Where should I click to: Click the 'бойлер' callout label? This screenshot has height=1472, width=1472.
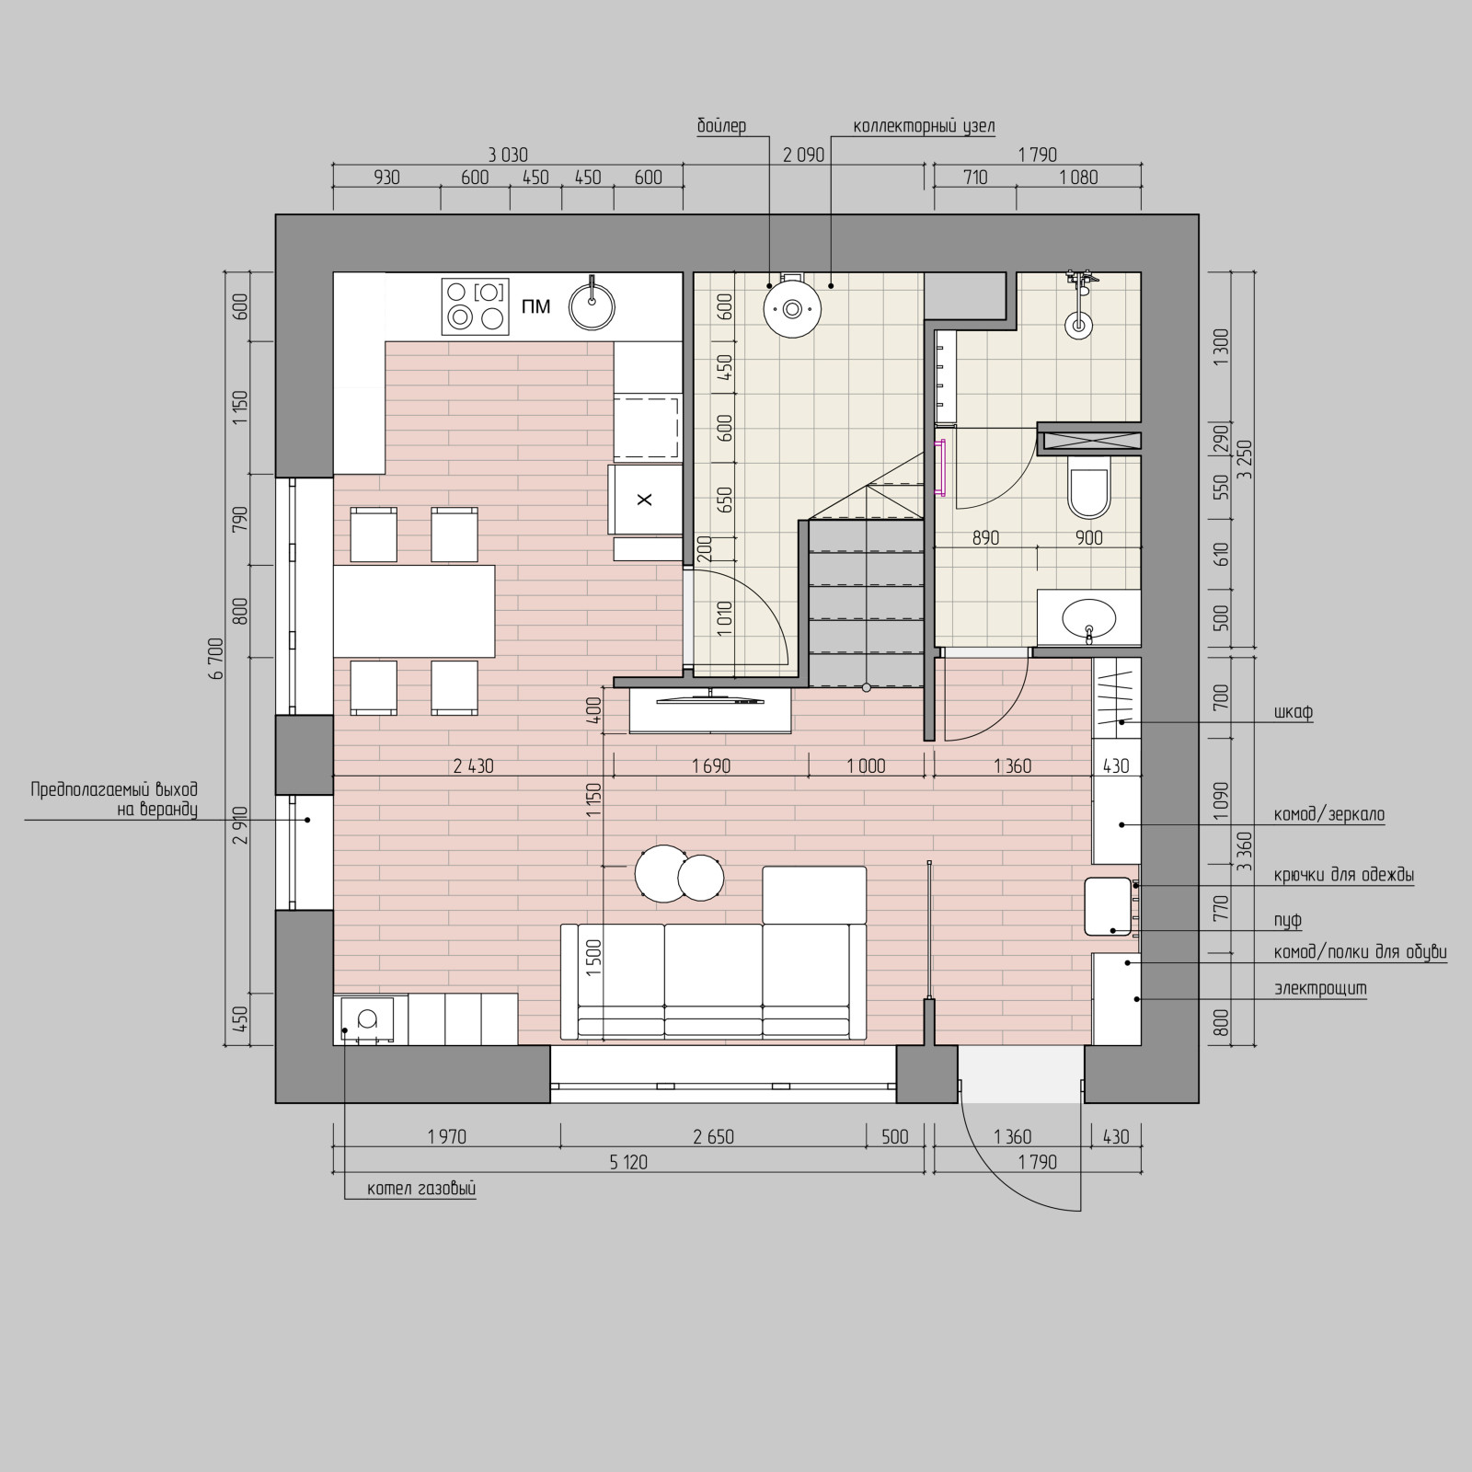click(721, 125)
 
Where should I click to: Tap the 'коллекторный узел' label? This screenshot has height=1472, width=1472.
click(924, 126)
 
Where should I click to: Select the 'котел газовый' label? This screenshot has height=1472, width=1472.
click(421, 1189)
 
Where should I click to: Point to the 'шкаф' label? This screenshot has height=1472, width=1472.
click(1293, 712)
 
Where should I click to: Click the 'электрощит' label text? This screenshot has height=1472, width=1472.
click(1320, 989)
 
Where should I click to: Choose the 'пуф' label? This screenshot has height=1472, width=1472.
click(1288, 921)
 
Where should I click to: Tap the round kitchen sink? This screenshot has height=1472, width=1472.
click(592, 305)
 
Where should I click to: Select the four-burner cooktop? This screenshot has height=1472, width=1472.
click(475, 305)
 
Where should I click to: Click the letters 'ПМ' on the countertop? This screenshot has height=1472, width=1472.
click(535, 306)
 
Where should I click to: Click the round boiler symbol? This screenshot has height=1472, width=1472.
click(791, 308)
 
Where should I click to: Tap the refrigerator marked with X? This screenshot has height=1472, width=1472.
click(645, 500)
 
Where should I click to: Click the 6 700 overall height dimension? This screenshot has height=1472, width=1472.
click(217, 658)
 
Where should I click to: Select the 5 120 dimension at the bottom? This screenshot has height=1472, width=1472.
click(628, 1162)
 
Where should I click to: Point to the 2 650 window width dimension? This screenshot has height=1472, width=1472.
click(713, 1137)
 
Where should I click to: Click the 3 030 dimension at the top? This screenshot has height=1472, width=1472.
click(508, 155)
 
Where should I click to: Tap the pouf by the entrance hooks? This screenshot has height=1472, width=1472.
click(1108, 906)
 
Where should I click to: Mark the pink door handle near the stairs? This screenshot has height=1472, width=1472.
click(940, 469)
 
